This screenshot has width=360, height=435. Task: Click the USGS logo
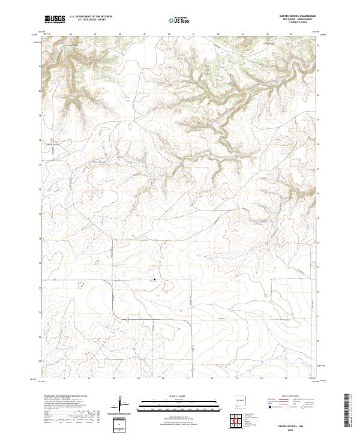[x=55, y=19]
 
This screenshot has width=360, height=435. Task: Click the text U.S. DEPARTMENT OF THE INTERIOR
[x=91, y=17]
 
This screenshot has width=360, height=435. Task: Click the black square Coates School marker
[x=155, y=279]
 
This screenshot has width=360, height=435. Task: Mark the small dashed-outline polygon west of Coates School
[x=96, y=262]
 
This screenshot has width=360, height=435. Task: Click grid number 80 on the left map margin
[x=40, y=91]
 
